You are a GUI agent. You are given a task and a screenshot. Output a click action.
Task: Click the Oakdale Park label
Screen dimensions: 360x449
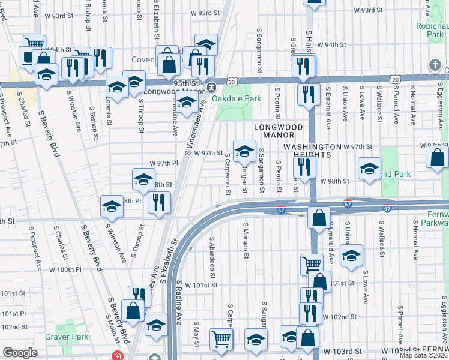240,98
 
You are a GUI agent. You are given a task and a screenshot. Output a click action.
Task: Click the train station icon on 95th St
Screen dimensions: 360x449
211,87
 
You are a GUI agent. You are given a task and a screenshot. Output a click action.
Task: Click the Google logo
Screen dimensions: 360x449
20,353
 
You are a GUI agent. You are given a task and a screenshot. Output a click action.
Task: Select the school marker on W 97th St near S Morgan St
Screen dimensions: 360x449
244,152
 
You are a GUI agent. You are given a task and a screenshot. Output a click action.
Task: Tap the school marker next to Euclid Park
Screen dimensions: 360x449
369,169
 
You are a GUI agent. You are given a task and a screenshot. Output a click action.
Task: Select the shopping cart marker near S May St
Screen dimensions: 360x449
221,338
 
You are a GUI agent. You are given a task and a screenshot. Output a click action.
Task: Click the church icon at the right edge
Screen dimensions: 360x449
435,64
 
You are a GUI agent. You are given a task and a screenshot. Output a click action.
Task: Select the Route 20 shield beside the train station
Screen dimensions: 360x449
231,80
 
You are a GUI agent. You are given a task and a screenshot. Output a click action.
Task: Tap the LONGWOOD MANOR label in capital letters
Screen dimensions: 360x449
276,127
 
